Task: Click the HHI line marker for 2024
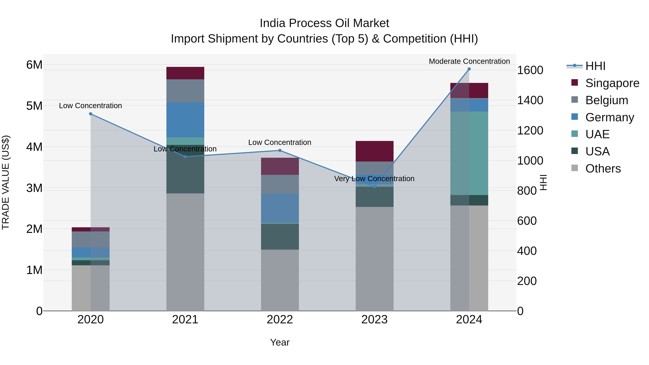tap(469, 69)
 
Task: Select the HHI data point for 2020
tap(91, 114)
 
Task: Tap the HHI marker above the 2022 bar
tap(280, 151)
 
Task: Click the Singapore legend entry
tap(612, 83)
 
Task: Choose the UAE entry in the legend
tap(597, 134)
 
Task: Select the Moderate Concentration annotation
tap(469, 61)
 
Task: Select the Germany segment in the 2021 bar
tap(185, 120)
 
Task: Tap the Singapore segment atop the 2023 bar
tap(374, 151)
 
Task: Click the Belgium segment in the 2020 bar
tap(91, 239)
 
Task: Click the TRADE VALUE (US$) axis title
tap(6, 182)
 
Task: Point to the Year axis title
tap(280, 342)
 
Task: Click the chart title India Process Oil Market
tap(324, 23)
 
